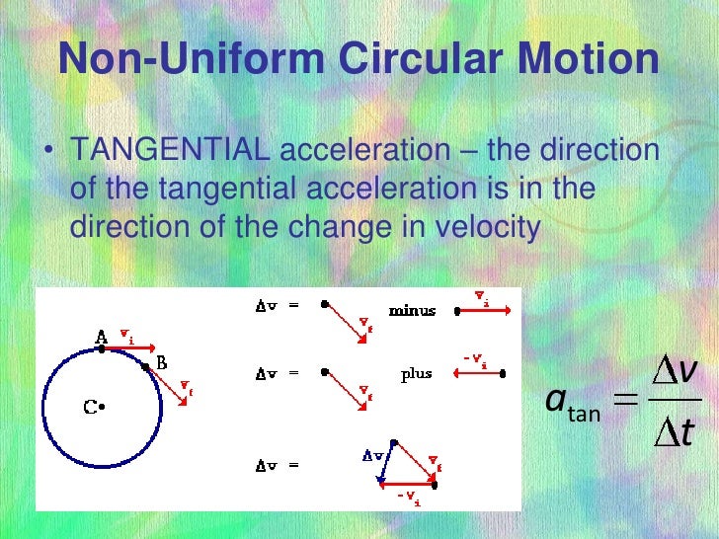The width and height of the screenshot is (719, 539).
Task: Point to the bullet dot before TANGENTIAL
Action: pyautogui.click(x=47, y=152)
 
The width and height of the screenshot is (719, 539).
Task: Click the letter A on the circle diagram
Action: pyautogui.click(x=101, y=338)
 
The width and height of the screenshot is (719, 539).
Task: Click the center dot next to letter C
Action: pyautogui.click(x=102, y=406)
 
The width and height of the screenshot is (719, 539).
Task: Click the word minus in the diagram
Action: pyautogui.click(x=412, y=311)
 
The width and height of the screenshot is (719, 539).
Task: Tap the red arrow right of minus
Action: pyautogui.click(x=484, y=311)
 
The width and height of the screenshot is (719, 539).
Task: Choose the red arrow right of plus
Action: pyautogui.click(x=478, y=374)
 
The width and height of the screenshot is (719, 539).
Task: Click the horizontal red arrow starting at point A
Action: pyautogui.click(x=128, y=346)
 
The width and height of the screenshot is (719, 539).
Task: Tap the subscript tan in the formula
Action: pyautogui.click(x=584, y=415)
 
